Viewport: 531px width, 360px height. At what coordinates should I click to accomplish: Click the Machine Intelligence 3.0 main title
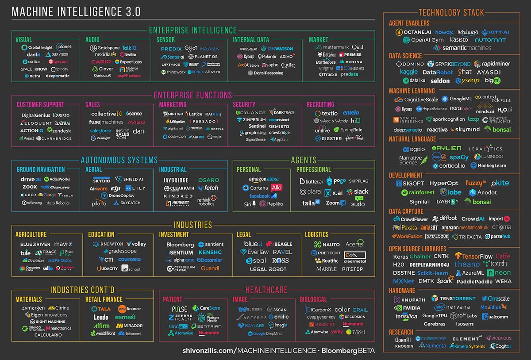(76, 12)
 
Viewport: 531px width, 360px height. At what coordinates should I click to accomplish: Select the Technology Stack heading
(451, 12)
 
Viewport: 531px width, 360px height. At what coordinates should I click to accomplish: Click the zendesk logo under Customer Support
(59, 130)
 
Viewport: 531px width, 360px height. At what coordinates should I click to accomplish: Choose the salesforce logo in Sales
(100, 130)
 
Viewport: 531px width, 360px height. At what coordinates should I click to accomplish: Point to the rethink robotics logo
(206, 201)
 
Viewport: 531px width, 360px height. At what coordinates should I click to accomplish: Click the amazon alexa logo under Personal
(264, 179)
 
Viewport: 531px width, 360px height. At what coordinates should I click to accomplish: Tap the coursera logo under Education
(129, 260)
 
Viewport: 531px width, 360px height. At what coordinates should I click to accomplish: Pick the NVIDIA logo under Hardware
(408, 307)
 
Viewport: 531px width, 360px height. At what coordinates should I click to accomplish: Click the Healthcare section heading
(266, 290)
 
